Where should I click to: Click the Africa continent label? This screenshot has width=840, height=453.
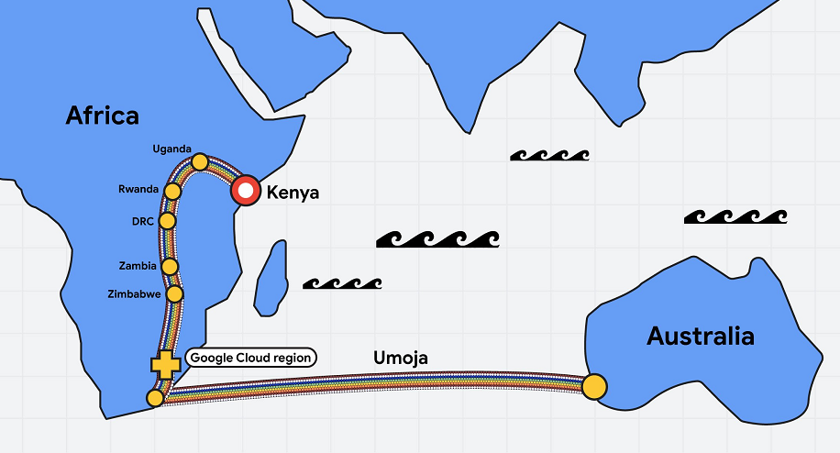(103, 116)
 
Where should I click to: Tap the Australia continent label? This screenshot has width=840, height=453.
(701, 337)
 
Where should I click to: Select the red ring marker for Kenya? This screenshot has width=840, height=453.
(246, 190)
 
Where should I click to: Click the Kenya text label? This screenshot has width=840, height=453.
(293, 193)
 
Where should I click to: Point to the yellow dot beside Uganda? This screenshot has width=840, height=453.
(200, 161)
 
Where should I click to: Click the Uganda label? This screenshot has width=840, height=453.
(172, 149)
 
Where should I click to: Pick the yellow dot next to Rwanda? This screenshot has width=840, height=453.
(172, 191)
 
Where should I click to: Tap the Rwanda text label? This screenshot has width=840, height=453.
(138, 189)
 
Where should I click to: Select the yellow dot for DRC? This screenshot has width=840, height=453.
(168, 221)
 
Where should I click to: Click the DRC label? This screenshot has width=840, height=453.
(143, 221)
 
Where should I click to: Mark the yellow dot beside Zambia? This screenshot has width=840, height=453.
(170, 266)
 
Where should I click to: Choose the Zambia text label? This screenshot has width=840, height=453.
(138, 266)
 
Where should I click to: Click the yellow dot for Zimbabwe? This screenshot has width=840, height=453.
(174, 293)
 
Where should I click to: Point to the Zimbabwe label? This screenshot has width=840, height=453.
(134, 294)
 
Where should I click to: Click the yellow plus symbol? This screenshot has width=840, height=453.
(166, 365)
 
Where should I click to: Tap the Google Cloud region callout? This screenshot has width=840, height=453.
(251, 358)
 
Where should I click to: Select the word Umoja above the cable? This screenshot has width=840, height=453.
(401, 358)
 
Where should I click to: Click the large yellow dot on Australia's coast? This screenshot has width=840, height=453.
(594, 387)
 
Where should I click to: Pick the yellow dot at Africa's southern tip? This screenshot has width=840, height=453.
(155, 398)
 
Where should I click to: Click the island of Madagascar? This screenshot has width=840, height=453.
(271, 279)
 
